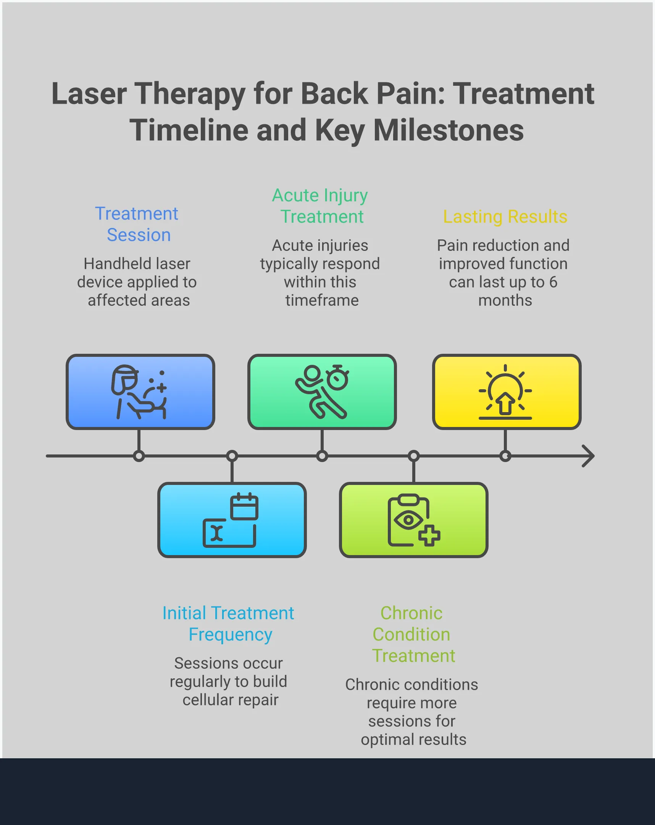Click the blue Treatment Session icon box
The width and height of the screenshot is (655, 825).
coord(140,392)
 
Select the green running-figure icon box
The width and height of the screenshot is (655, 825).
coord(322,392)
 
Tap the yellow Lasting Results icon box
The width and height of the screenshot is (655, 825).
coord(507,392)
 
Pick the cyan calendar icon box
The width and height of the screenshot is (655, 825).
coord(232,520)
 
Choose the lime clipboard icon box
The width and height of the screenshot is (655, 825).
coord(413,520)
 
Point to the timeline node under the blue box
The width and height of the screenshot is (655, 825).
coord(139,456)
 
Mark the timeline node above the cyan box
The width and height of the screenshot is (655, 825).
coord(232,456)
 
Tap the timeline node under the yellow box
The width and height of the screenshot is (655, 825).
coord(505,456)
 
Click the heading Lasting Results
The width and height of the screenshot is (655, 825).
coord(505,217)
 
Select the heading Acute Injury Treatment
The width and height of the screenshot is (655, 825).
coord(320,206)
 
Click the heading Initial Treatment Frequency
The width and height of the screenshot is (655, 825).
coord(229,624)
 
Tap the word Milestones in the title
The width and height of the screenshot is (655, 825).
coord(448,130)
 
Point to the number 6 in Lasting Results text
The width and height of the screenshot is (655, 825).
coord(553,282)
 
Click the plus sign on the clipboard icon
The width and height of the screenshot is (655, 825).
coord(429,535)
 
